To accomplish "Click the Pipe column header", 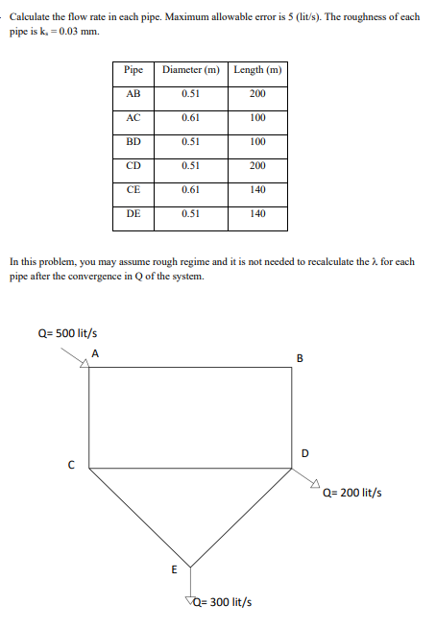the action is [133, 70].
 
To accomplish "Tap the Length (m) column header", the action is [257, 70].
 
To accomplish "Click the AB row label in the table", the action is [133, 94].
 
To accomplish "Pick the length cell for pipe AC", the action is [257, 118].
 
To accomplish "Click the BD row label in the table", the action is [133, 142].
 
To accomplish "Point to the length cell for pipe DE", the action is [257, 214].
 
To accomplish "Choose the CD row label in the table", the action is [133, 166].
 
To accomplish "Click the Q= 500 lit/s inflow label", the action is [67, 333].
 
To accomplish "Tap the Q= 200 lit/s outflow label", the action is [352, 493].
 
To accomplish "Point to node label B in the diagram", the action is [300, 360].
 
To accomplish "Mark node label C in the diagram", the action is [70, 468].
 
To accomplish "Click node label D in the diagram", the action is [305, 451].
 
